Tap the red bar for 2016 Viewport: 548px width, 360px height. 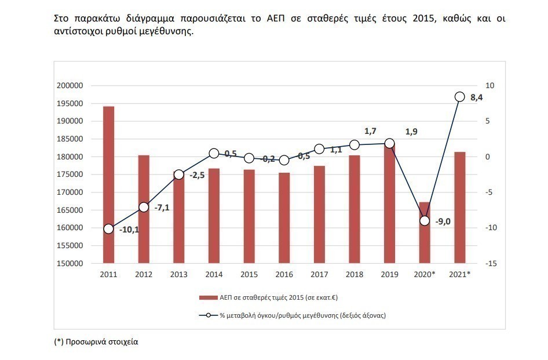coord(284,218)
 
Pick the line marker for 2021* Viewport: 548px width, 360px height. coord(460,97)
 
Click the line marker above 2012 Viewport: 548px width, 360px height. coord(144,207)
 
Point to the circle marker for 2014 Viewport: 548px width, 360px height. coord(214,153)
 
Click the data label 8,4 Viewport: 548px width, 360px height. coord(477,97)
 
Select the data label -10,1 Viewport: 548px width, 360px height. coord(129,230)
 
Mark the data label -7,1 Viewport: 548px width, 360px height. coord(162,208)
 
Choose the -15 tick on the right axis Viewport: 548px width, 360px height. coord(489,264)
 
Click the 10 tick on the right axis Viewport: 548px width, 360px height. coord(489,86)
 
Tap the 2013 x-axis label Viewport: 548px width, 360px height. coord(178,274)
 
